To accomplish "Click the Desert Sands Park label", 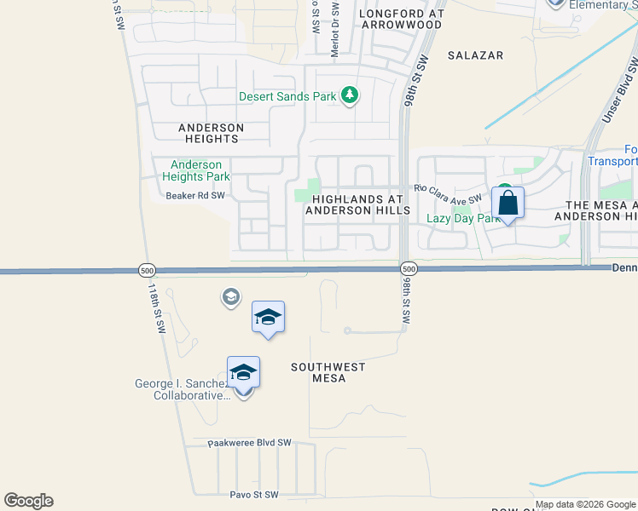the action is [287, 96].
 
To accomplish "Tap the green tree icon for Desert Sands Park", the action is [349, 95].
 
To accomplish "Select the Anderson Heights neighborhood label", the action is [211, 133].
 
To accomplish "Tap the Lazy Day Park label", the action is [462, 219].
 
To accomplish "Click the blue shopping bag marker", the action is [507, 204].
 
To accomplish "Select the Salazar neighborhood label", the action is [475, 55].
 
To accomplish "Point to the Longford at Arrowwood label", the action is [401, 20].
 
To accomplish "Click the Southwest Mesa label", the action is [329, 372].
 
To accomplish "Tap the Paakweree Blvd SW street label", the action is [250, 444].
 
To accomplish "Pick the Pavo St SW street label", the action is [254, 495].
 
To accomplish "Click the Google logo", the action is [28, 501].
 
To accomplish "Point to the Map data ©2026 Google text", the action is [585, 504].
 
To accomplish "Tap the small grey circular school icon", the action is [230, 297].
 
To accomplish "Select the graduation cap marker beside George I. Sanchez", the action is [243, 373].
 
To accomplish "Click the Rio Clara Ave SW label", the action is [449, 193].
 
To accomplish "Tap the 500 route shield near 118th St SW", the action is [147, 270].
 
